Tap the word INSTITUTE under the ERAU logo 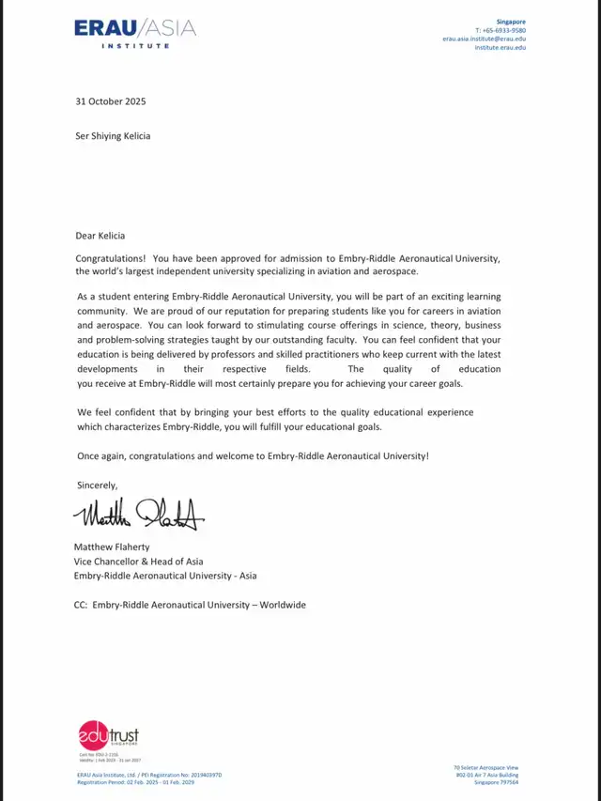point(135,46)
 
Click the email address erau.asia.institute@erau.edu point(485,39)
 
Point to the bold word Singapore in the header point(513,21)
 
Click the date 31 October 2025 point(111,101)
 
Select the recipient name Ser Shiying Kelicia point(113,135)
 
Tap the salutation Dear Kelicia point(100,236)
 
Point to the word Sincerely point(97,485)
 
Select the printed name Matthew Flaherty point(112,547)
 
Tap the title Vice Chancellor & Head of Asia point(138,561)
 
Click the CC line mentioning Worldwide point(190,605)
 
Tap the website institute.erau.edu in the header point(500,47)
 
